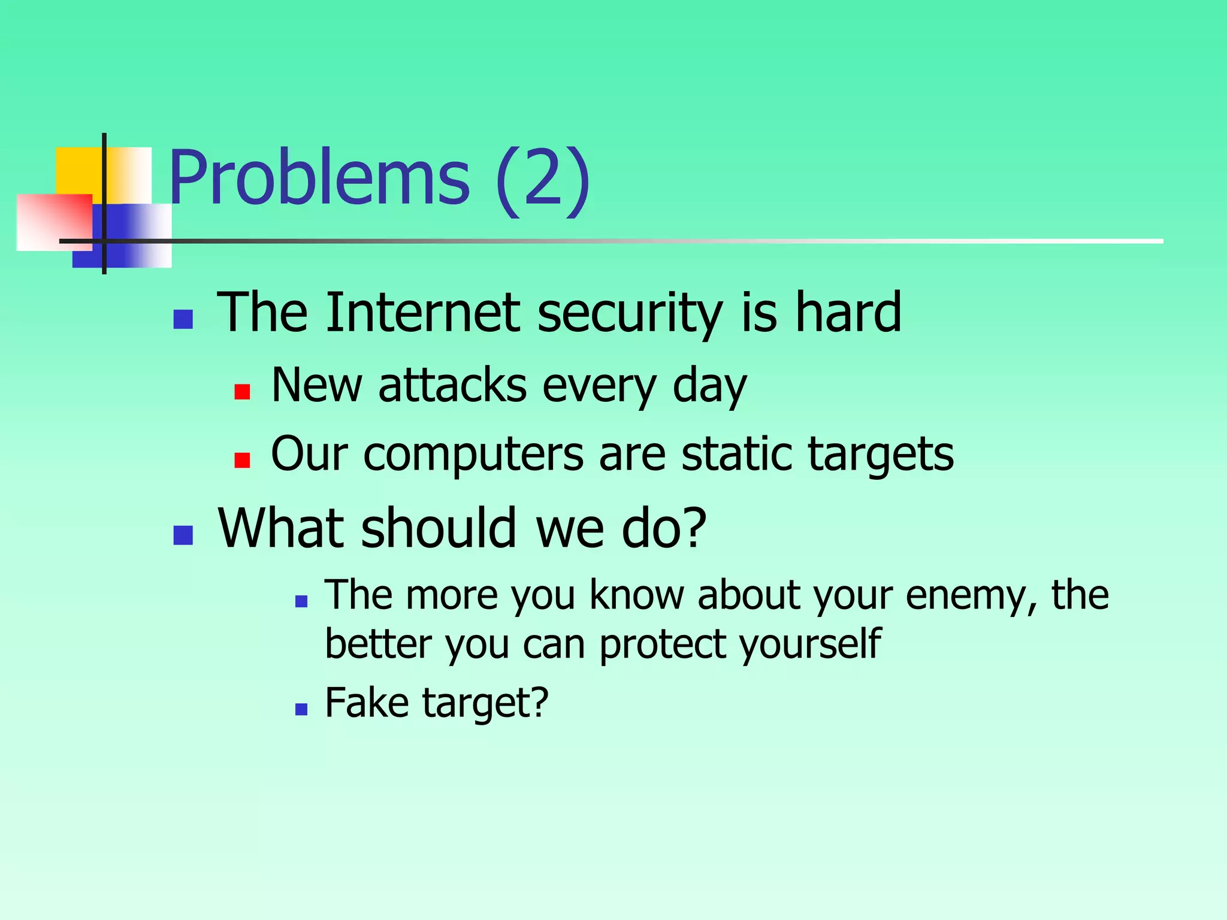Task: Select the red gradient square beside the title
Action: [x=54, y=222]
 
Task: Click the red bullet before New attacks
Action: [x=242, y=392]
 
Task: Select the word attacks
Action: [x=452, y=385]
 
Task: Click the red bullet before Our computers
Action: [x=242, y=460]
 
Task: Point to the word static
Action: [x=737, y=453]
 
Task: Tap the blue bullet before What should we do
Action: [x=183, y=535]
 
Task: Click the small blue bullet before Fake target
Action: [x=301, y=710]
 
